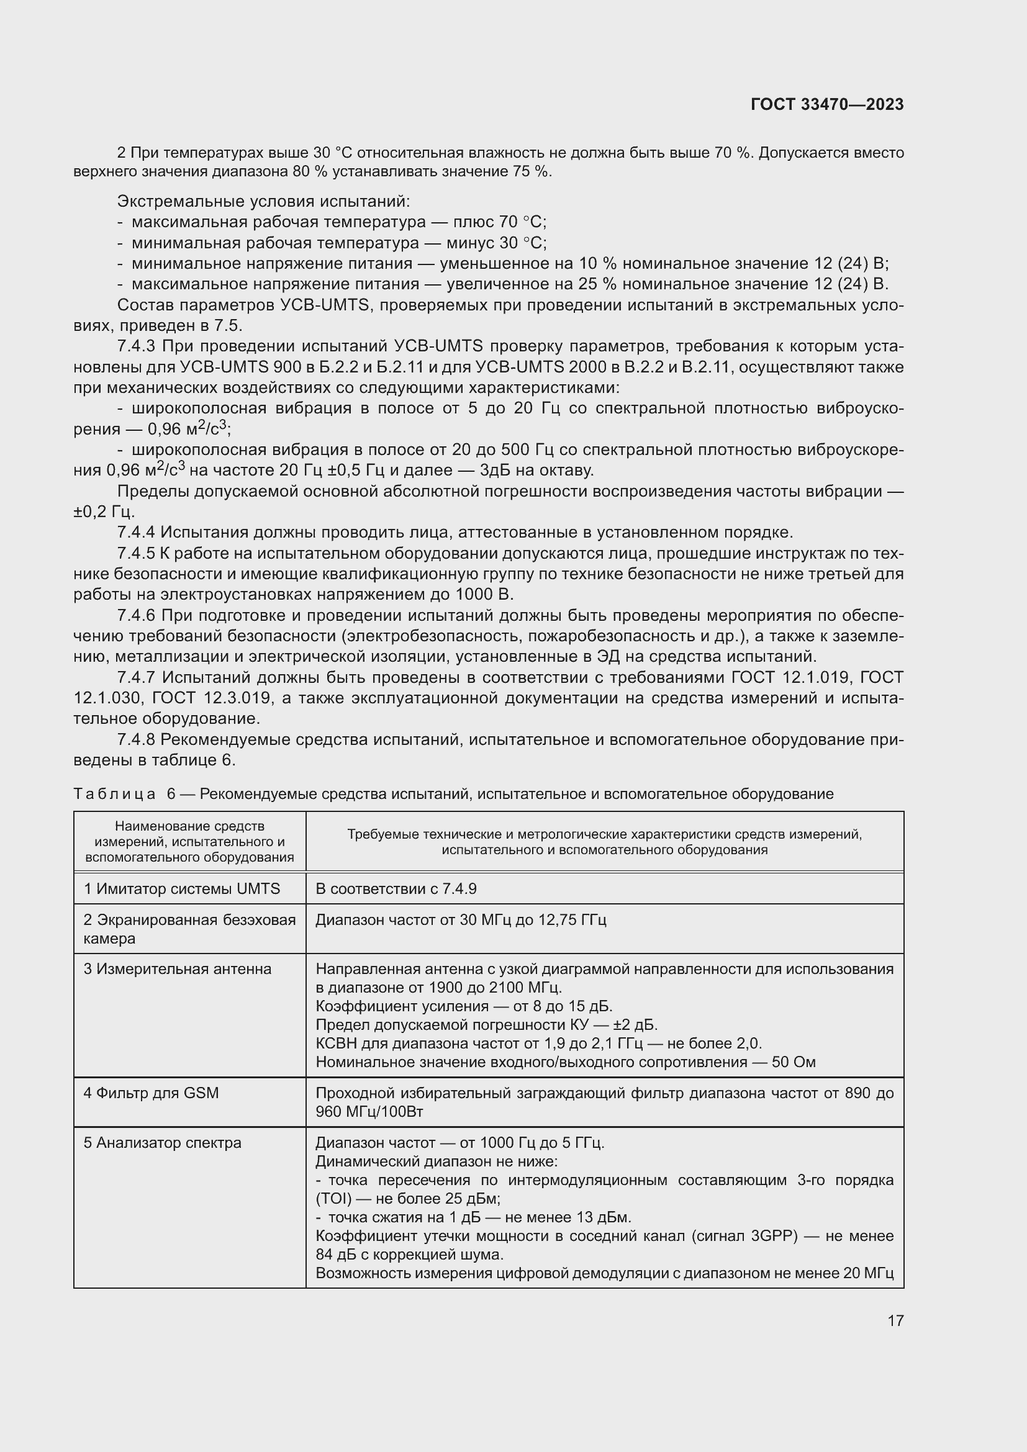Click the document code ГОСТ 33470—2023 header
[826, 104]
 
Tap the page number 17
[895, 1320]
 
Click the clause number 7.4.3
[137, 346]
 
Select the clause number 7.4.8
[137, 739]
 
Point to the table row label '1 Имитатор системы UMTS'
[182, 888]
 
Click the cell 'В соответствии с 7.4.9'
[396, 888]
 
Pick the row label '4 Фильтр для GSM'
[151, 1093]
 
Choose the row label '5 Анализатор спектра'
[163, 1143]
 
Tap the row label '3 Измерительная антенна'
[178, 969]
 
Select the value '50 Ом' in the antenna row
[794, 1062]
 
